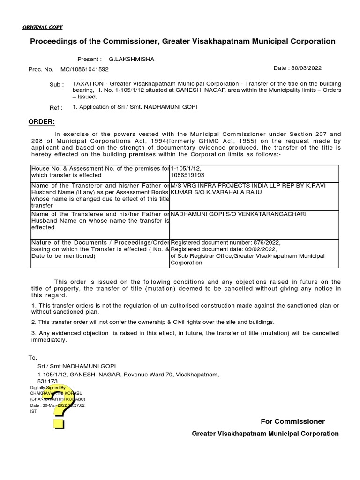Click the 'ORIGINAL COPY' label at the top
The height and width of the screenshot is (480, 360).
(x=42, y=27)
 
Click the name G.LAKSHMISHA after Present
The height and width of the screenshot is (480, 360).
(x=131, y=60)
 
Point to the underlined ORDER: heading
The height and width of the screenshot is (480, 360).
(x=42, y=122)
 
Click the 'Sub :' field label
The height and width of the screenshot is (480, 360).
(x=57, y=85)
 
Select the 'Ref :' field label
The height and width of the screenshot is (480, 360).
(x=56, y=108)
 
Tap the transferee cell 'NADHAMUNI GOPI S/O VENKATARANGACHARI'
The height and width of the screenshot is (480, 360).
(x=239, y=214)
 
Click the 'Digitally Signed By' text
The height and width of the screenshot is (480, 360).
(x=48, y=388)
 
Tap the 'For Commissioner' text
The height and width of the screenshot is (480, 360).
(x=292, y=421)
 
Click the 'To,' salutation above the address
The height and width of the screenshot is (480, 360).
(x=32, y=358)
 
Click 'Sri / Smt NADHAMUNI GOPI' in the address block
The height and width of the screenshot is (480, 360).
(x=76, y=366)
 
